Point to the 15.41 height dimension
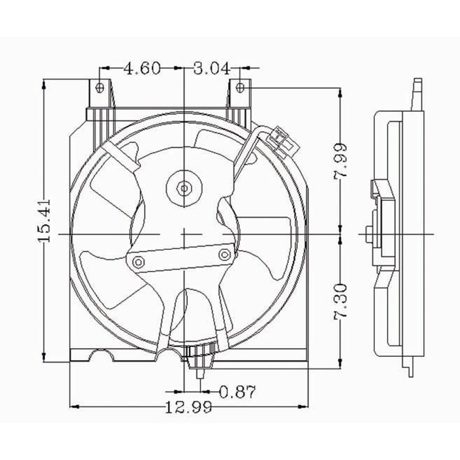tap(44, 221)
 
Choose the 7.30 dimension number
tap(340, 301)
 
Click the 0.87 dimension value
tap(237, 392)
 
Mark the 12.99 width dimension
tap(188, 407)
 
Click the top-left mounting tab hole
tap(100, 87)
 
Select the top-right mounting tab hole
tap(240, 87)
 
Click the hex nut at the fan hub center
tap(184, 187)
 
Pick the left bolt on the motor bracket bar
tap(138, 262)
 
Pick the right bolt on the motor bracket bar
tap(225, 254)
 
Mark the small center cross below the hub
tap(184, 234)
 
